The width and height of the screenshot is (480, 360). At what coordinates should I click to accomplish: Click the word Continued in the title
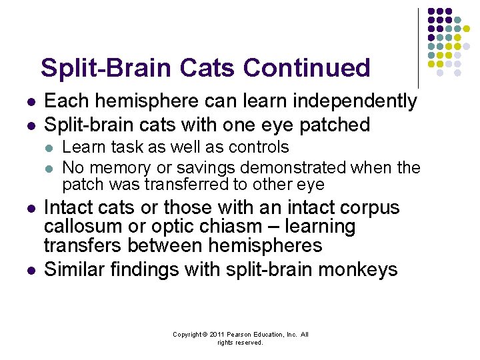click(307, 67)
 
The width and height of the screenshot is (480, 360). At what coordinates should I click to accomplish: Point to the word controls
click(255, 147)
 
